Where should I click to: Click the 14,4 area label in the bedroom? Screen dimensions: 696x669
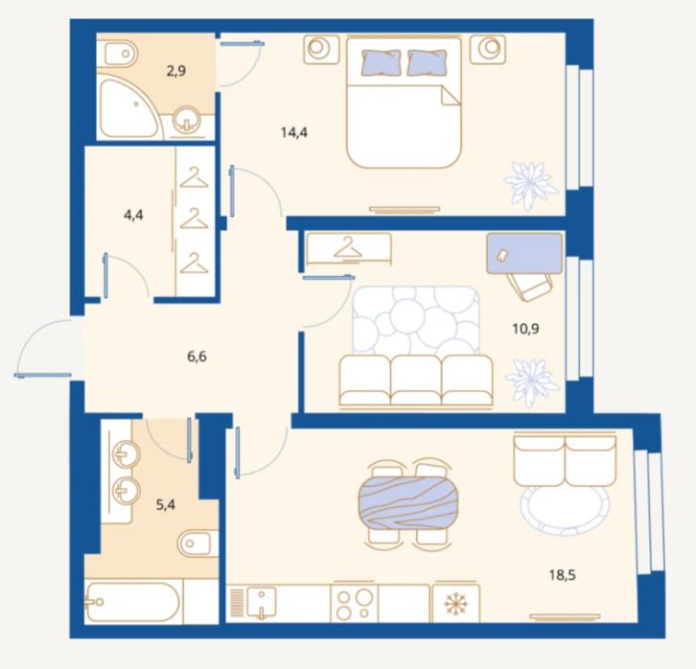pos(294,132)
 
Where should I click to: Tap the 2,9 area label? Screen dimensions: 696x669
pos(175,71)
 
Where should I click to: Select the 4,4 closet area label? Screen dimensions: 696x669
pos(133,215)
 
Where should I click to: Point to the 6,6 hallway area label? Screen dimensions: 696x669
pos(197,356)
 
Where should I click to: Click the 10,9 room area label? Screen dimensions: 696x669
pos(525,329)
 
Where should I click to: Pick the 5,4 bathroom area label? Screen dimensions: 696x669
pos(165,504)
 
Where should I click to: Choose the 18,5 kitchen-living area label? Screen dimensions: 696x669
pos(562,575)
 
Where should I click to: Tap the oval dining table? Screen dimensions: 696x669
pos(408,503)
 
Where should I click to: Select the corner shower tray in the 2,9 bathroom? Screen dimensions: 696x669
pos(127,108)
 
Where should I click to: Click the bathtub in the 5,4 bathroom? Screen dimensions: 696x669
pos(132,602)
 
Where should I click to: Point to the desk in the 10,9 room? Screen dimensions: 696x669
pos(524,253)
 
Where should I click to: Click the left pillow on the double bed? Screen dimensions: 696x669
pos(381,61)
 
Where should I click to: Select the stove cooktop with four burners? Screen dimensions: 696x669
pos(354,603)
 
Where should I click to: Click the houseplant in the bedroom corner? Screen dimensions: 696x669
pos(530,185)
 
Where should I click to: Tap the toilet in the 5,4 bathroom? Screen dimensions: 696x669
pos(197,543)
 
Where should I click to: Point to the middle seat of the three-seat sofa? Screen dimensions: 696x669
pos(416,380)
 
